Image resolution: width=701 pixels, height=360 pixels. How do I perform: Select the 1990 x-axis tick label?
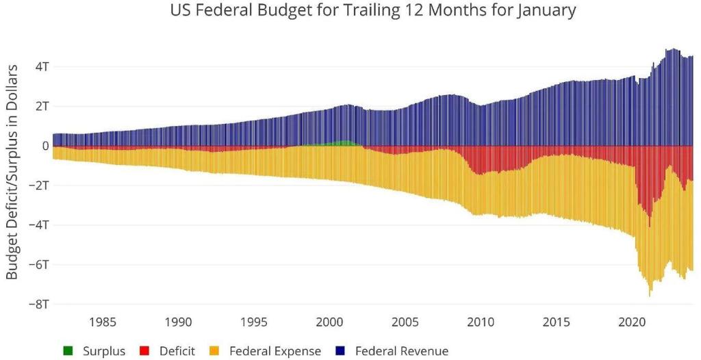tap(177, 322)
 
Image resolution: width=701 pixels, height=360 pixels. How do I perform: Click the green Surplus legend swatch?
tap(67, 351)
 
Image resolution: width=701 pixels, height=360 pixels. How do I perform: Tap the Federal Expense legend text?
tap(275, 351)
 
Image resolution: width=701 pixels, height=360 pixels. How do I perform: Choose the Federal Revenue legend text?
tap(402, 351)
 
